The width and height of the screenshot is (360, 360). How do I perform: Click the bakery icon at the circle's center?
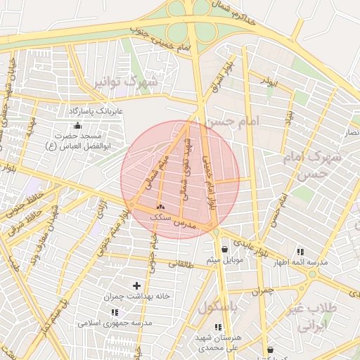160,207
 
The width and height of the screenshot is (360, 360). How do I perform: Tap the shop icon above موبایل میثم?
224,249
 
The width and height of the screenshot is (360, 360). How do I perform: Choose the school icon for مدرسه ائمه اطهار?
300,252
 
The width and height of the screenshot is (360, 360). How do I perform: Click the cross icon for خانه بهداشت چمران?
136,285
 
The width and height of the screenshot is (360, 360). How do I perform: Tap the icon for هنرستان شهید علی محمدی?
217,327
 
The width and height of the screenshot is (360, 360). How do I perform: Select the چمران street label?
261,290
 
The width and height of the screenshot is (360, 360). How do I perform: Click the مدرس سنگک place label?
172,219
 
